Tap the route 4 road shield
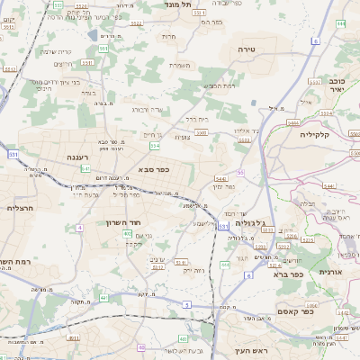pos(79,228)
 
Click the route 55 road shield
pos(240,172)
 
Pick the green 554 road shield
pos(155,144)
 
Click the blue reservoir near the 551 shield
pos(94,36)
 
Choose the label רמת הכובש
pos(219,85)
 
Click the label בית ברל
pos(196,118)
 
